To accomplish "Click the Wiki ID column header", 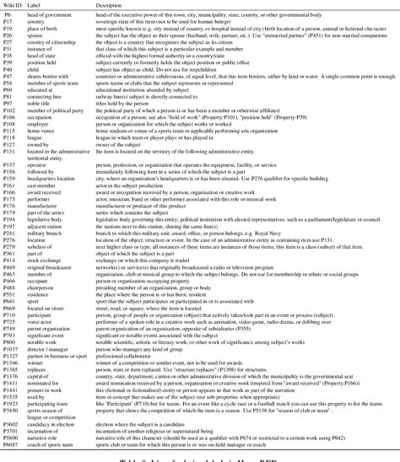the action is coord(14,4).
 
